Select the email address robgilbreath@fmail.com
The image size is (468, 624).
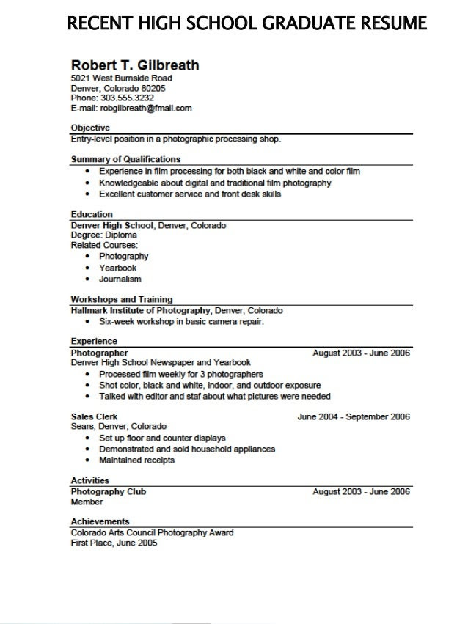pyautogui.click(x=146, y=108)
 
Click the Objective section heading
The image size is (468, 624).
pyautogui.click(x=90, y=128)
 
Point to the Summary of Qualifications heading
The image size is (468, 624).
pyautogui.click(x=125, y=159)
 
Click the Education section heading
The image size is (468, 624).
pyautogui.click(x=92, y=214)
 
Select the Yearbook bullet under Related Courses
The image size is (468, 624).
pyautogui.click(x=118, y=268)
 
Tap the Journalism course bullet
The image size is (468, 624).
pyautogui.click(x=120, y=279)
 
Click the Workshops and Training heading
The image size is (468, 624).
pyautogui.click(x=122, y=299)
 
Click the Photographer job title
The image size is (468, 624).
pyautogui.click(x=99, y=353)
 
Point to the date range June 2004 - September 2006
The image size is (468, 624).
pyautogui.click(x=354, y=416)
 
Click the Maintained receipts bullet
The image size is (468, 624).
pyautogui.click(x=137, y=460)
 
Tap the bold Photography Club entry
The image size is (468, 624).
pyautogui.click(x=108, y=491)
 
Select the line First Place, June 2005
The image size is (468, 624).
pyautogui.click(x=114, y=543)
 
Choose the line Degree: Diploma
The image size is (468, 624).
pyautogui.click(x=99, y=235)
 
